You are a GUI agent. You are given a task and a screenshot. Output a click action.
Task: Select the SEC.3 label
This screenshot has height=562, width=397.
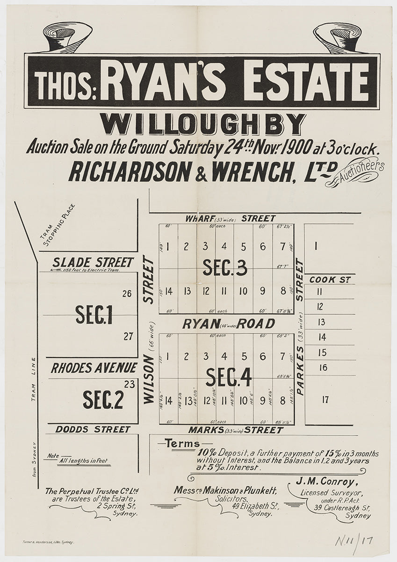224,267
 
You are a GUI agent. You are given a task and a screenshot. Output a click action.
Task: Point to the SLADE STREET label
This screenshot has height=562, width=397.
93,262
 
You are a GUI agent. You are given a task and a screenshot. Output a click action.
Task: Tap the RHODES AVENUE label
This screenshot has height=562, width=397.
94,368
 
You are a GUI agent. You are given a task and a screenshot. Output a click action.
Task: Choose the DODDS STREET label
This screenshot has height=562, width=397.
93,429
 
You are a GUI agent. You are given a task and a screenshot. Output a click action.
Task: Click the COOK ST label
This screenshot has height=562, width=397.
329,280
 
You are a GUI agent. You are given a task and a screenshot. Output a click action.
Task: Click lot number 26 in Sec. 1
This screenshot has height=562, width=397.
126,294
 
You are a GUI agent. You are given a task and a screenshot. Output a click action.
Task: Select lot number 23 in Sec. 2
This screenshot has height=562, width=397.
130,385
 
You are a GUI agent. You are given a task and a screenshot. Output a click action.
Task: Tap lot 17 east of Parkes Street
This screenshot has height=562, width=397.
325,399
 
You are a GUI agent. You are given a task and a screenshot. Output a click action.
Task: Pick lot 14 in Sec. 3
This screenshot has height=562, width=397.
168,291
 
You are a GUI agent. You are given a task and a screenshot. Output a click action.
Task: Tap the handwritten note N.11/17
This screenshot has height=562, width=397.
354,541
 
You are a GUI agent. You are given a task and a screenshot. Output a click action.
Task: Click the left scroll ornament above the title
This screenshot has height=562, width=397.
65,37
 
